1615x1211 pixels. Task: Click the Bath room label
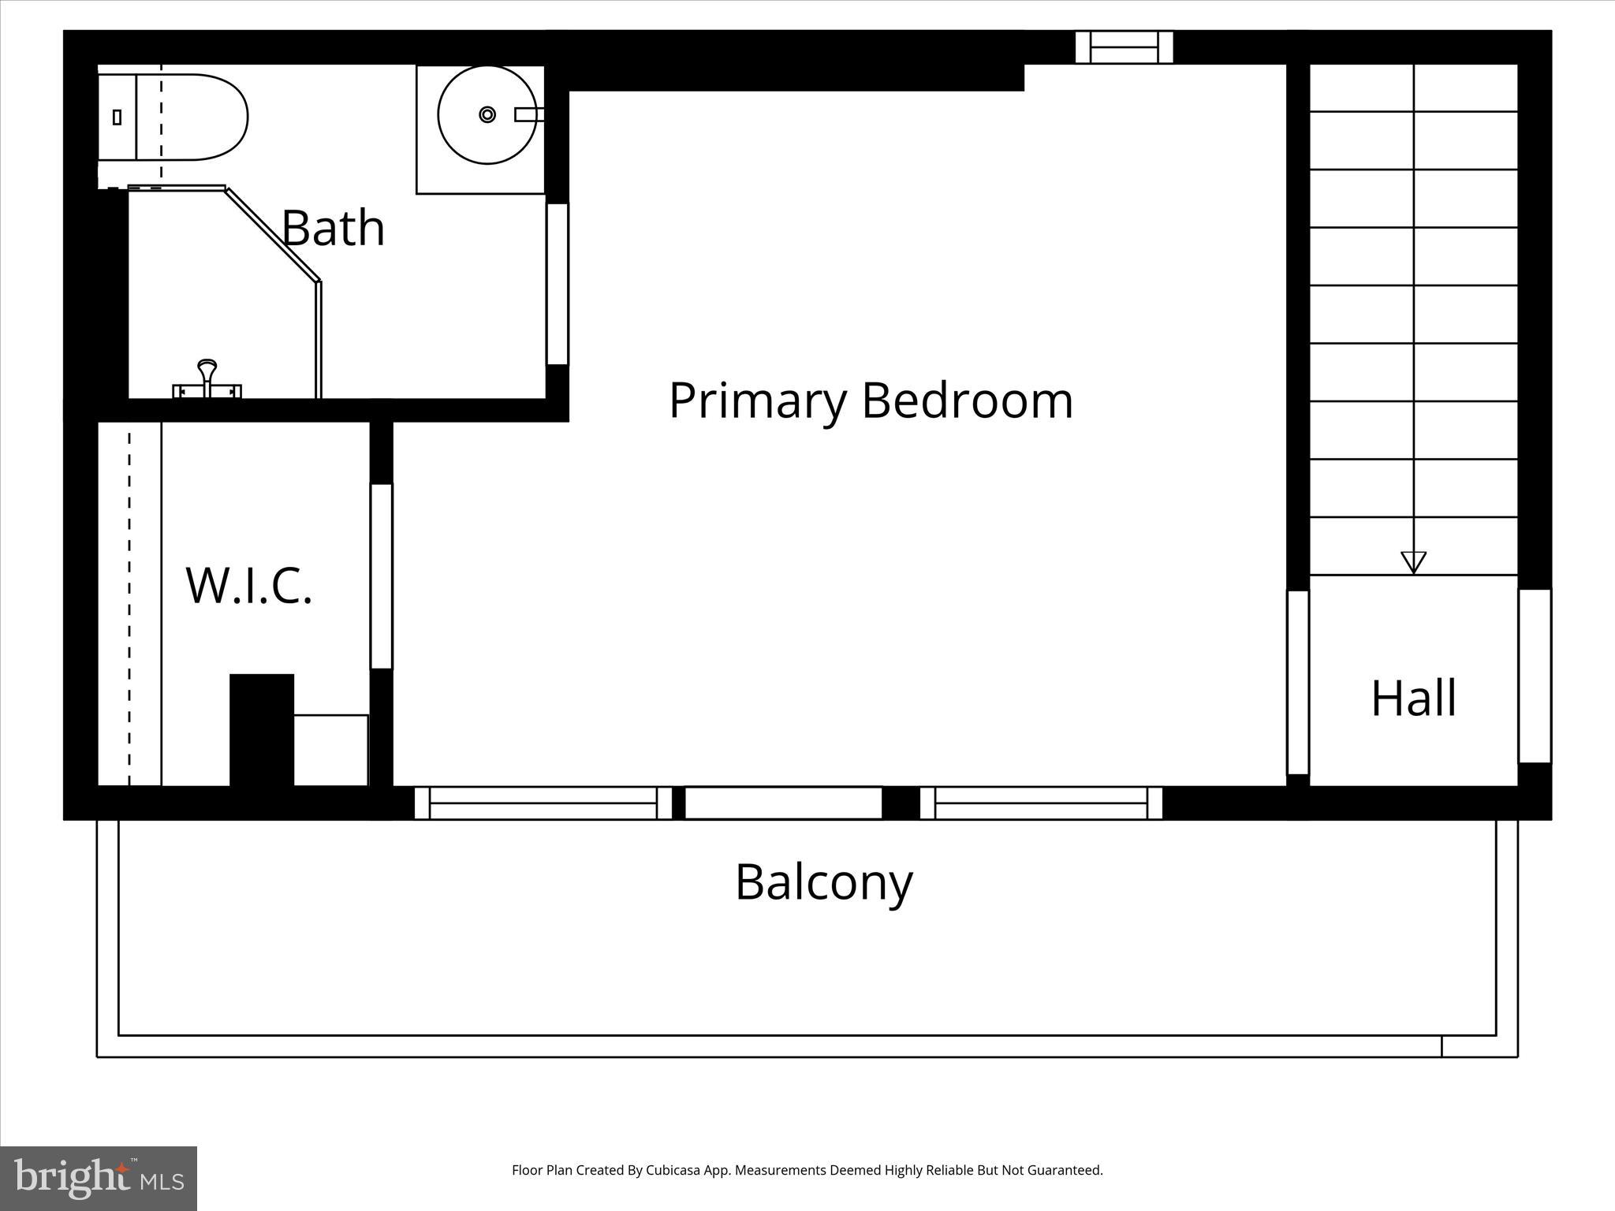[x=333, y=229]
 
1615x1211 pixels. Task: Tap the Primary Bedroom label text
[x=871, y=401]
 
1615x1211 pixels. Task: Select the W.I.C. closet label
[x=249, y=585]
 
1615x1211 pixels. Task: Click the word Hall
[x=1413, y=699]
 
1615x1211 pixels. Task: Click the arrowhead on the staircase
[x=1413, y=561]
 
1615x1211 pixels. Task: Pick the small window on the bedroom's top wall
[x=1125, y=47]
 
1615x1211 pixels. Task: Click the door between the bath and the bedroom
[x=558, y=284]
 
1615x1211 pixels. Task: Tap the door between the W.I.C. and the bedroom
[x=382, y=576]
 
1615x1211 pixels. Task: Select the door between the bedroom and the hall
[x=1297, y=682]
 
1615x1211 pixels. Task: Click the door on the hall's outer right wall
[x=1535, y=676]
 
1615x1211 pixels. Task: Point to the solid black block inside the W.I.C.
[x=262, y=729]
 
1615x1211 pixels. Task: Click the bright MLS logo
[x=99, y=1178]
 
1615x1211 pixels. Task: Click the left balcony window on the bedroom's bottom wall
[x=543, y=803]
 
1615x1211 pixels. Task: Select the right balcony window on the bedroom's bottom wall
[x=1041, y=803]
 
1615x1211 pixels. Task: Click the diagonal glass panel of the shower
[x=273, y=234]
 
